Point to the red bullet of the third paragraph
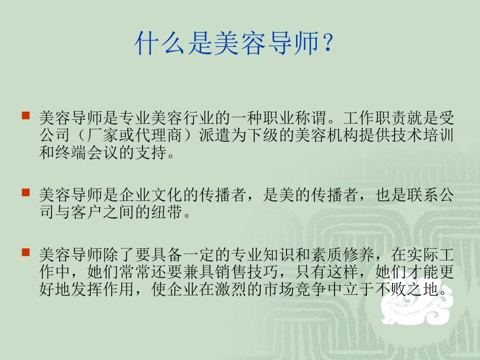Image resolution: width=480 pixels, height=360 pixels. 25,251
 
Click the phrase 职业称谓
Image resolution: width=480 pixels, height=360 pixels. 294,119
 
